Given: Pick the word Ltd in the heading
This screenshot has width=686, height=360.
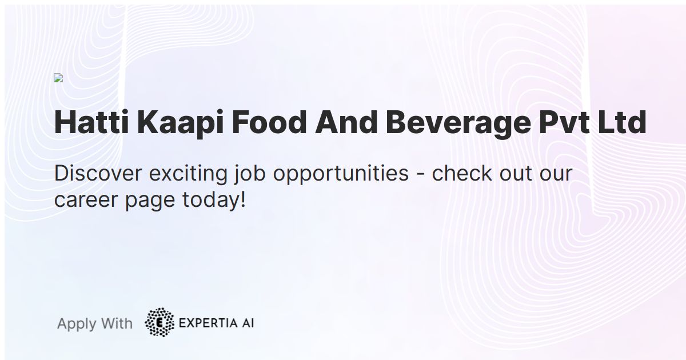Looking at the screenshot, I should click(622, 122).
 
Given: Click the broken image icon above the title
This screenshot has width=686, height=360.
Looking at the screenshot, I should click(58, 78).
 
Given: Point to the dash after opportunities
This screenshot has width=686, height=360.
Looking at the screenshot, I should click(420, 174).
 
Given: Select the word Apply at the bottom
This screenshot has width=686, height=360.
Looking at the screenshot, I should click(76, 324).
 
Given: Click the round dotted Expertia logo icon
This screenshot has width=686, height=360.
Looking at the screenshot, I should click(159, 322).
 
